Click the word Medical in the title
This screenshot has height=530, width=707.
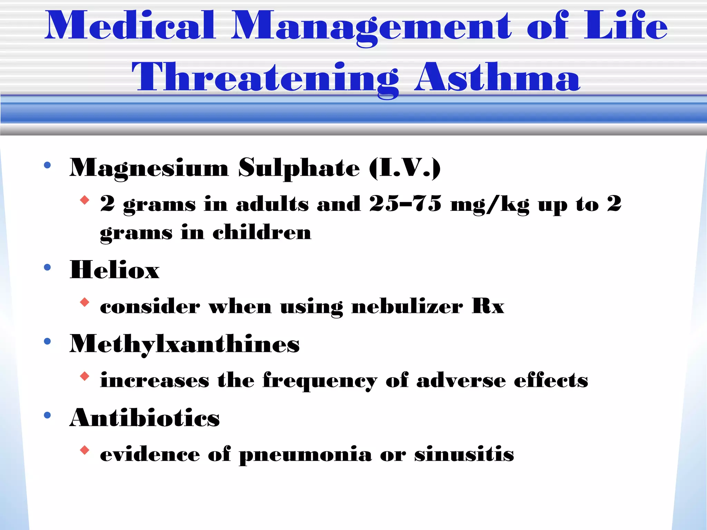point(130,26)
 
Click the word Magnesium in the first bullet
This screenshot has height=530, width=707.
point(149,168)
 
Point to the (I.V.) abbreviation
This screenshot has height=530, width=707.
point(405,168)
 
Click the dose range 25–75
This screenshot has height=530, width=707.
point(405,204)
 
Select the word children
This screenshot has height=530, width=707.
point(262,232)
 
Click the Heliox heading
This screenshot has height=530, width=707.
point(115,270)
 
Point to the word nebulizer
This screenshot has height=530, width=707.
point(407,306)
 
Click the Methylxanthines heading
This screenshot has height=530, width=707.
point(185,344)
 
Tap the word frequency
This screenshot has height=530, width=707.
point(320,381)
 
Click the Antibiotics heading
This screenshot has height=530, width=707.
point(144,418)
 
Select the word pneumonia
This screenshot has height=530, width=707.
point(305,455)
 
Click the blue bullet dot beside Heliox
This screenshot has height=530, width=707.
point(48,267)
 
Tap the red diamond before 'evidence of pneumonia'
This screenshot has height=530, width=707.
point(85,450)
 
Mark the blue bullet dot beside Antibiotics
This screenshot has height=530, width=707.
point(48,415)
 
